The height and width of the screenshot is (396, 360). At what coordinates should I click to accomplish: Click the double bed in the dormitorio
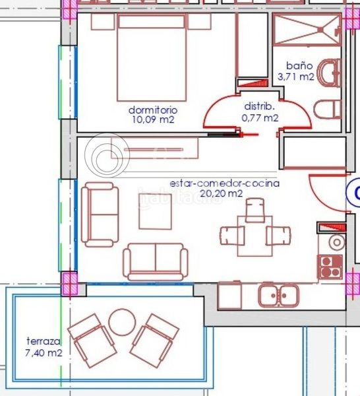coord(152,57)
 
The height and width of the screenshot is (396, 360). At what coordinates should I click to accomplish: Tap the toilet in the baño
coord(327,110)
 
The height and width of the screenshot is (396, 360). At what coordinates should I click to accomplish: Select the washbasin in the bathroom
coord(329,73)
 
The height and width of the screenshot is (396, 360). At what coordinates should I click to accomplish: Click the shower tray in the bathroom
coord(307,30)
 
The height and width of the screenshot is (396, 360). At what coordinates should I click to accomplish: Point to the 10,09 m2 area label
coord(153,119)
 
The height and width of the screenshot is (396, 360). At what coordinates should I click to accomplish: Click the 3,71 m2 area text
coord(296,77)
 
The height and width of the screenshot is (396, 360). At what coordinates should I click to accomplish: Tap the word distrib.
coord(259,106)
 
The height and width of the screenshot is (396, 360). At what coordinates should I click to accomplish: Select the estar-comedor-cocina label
coord(225,183)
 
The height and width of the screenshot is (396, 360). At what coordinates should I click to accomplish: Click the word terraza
coord(44,341)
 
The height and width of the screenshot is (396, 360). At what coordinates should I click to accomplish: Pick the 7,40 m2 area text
coord(44,352)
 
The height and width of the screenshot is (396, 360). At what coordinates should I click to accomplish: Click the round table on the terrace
coord(122,322)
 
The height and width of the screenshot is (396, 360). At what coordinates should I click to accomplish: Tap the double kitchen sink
coord(278,295)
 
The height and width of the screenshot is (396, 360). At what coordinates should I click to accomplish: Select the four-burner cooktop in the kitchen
coord(330,267)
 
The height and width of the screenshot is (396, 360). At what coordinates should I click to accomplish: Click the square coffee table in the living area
coord(155,211)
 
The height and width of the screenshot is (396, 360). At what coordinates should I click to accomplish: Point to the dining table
coord(255,236)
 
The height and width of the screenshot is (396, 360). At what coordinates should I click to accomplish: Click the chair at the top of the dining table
coord(255,210)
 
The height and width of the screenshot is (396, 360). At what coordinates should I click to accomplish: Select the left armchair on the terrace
coord(92,341)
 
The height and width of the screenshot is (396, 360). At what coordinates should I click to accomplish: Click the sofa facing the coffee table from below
coord(156,262)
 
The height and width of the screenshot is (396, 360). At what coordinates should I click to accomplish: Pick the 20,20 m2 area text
coord(222,193)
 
